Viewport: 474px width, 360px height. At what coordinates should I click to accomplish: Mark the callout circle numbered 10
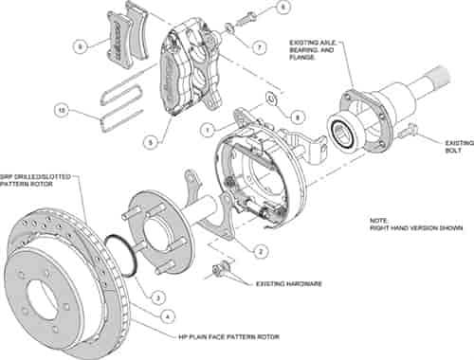[x=63, y=112]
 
